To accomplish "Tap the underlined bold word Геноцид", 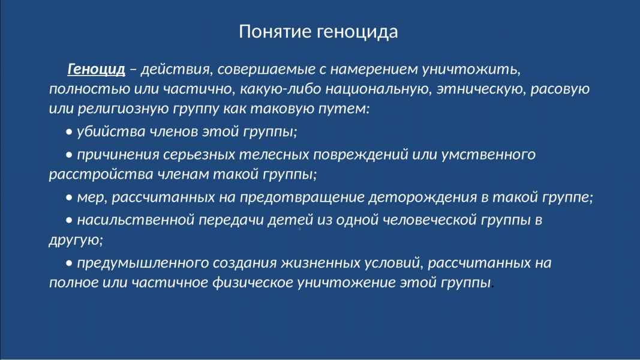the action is point(97,69).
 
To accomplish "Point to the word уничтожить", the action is point(471,70).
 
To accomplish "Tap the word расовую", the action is point(560,89).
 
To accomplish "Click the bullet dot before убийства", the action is point(69,132).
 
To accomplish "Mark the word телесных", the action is point(274,155).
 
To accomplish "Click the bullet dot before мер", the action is point(69,197).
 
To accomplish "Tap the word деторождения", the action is point(422,197).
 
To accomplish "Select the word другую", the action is point(76,240).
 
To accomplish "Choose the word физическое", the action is point(253,282).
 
